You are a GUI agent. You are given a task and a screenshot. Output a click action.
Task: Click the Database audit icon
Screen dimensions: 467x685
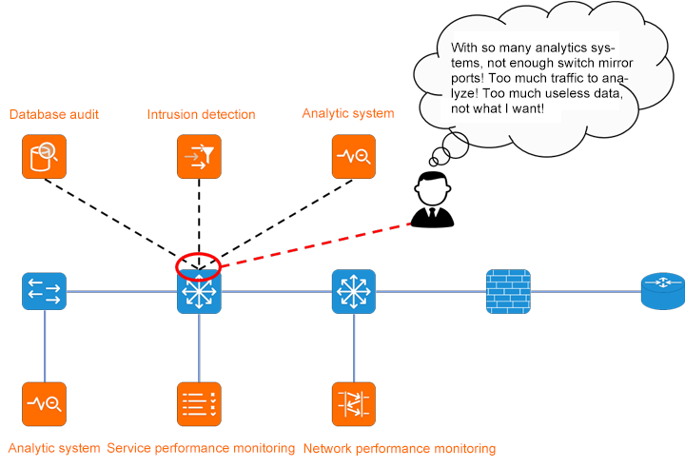click(44, 156)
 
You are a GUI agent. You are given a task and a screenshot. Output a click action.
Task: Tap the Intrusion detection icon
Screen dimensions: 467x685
click(199, 156)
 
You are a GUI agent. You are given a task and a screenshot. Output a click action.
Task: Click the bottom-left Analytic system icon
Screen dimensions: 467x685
click(44, 404)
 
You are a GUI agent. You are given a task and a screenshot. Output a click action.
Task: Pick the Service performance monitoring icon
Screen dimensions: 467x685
click(199, 404)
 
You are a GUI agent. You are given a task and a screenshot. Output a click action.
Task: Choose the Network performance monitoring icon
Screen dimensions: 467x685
click(354, 404)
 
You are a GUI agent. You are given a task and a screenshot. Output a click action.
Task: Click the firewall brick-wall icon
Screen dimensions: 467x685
click(508, 291)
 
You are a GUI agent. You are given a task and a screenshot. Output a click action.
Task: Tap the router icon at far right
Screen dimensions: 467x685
click(662, 291)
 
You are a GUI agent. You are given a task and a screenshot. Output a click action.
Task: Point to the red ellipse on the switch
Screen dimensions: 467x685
click(199, 266)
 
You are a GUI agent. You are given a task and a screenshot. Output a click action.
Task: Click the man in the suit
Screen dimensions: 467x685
click(432, 201)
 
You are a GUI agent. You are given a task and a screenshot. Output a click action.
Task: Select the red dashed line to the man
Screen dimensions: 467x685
click(314, 245)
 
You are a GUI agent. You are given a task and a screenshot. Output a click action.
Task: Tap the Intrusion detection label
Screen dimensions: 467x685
click(201, 115)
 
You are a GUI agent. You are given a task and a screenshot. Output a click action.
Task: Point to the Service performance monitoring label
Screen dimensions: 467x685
click(201, 448)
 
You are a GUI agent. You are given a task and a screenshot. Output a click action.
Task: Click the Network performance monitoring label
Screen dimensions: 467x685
click(399, 448)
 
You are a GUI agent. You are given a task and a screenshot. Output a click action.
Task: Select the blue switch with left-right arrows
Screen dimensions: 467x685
click(44, 291)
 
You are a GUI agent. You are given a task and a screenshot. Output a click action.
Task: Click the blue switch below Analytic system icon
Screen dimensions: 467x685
click(354, 291)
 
